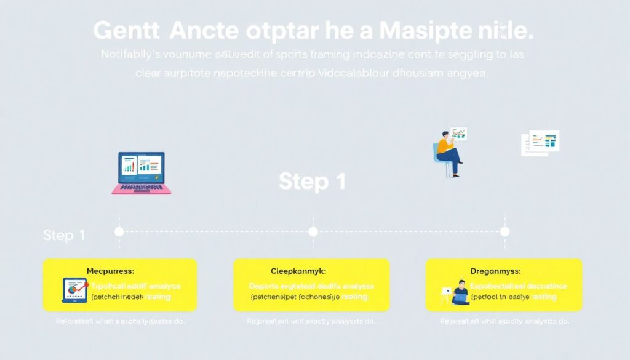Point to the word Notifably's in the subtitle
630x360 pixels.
pyautogui.click(x=129, y=54)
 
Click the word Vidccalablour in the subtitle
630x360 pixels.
pyautogui.click(x=377, y=73)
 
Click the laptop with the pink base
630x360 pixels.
pyautogui.click(x=141, y=174)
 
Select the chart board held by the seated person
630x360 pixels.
pyautogui.click(x=458, y=133)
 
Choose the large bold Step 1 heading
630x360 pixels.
pyautogui.click(x=312, y=181)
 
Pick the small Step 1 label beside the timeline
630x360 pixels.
pyautogui.click(x=64, y=235)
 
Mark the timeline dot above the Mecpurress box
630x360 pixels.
pyautogui.click(x=119, y=231)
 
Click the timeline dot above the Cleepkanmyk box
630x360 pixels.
pyautogui.click(x=313, y=231)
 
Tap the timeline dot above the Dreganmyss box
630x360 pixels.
pyautogui.click(x=505, y=231)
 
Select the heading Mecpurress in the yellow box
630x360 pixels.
pyautogui.click(x=111, y=270)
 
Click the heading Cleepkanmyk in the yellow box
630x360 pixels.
pyautogui.click(x=298, y=270)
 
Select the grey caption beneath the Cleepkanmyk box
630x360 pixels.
pyautogui.click(x=311, y=321)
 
